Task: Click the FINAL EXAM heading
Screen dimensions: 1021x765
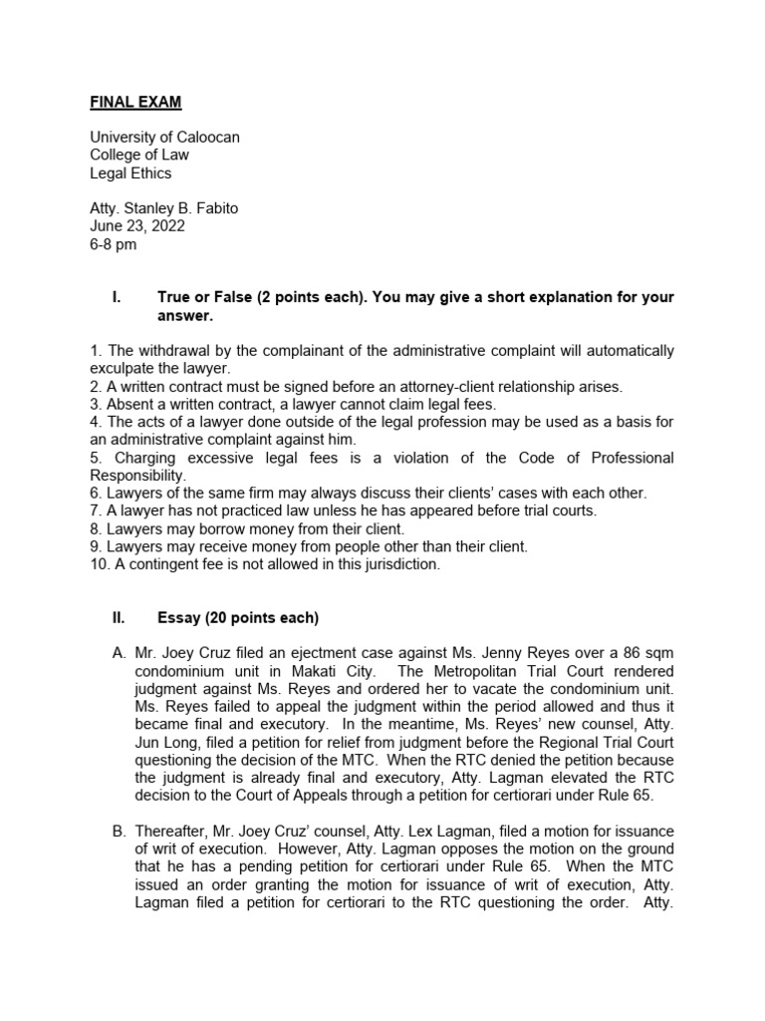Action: coord(135,102)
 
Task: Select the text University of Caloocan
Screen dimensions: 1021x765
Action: coord(164,137)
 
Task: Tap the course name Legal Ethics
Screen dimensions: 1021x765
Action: coord(130,172)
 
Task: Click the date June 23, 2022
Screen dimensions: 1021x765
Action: coord(137,226)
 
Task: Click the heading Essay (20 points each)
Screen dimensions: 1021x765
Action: coord(237,618)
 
